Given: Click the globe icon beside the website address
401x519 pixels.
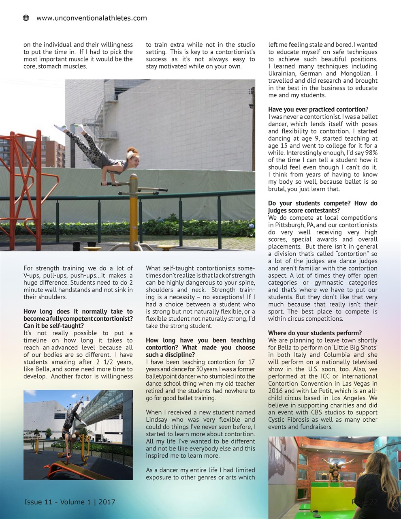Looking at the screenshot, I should [26, 18].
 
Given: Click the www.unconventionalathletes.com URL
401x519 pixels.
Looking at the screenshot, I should [92, 18].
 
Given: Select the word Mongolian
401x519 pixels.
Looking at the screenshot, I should [359, 73].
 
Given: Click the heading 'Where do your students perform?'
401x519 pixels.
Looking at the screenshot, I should [315, 333].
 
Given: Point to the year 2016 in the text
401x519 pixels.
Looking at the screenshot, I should [276, 391].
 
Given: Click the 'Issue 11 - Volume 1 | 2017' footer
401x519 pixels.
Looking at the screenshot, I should [70, 502].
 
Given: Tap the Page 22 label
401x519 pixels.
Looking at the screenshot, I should [364, 502].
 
